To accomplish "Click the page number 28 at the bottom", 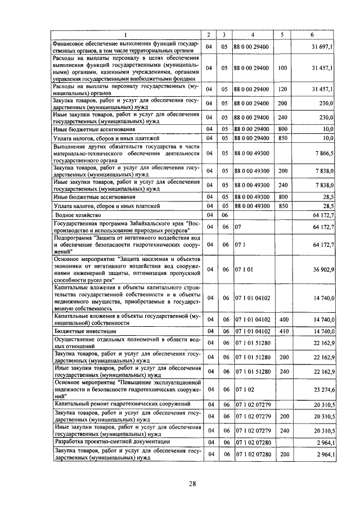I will click(191, 484).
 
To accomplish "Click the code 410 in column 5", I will click(283, 331).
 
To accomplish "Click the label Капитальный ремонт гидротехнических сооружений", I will click(122, 404).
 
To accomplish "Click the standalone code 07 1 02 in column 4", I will click(242, 389).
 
